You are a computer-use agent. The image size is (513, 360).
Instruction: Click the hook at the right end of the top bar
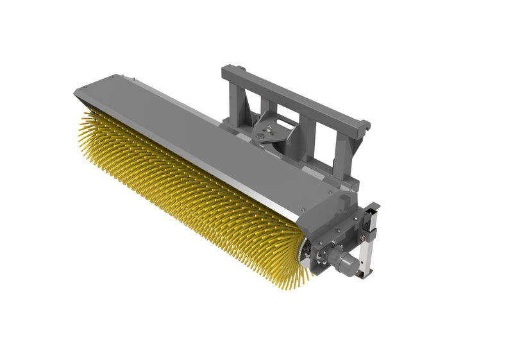pos(365,123)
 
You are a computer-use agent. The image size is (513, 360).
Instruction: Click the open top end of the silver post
pos(371,208)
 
